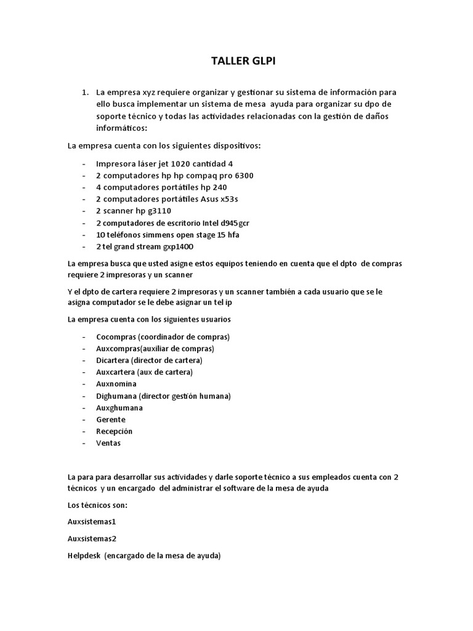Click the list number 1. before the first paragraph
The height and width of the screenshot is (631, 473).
tap(85, 92)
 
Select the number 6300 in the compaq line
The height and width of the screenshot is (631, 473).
tap(240, 176)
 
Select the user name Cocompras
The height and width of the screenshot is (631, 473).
tap(116, 337)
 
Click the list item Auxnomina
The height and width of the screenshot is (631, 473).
tap(116, 384)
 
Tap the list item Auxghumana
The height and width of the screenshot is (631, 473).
tap(119, 407)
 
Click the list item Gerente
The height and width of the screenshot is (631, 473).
tap(111, 419)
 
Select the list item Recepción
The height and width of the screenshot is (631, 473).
tap(115, 431)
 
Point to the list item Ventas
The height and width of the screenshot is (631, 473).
tap(109, 442)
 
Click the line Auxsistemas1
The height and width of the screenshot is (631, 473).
tap(92, 521)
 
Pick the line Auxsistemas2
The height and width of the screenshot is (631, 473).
tap(92, 538)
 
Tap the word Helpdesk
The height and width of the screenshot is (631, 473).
tap(84, 555)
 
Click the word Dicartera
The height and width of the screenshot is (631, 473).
tap(113, 360)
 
